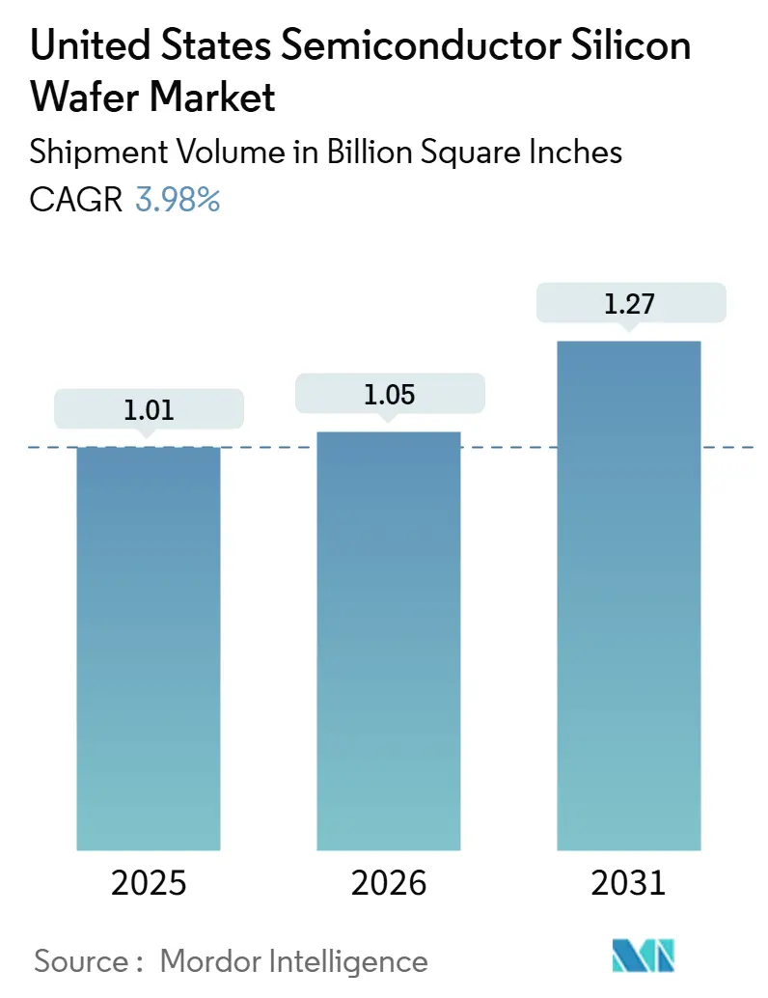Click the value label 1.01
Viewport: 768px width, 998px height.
(149, 410)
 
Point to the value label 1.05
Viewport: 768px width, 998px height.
(389, 394)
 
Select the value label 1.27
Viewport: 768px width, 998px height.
(628, 304)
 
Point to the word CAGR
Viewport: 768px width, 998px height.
(76, 200)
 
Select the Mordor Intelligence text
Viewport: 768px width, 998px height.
(293, 960)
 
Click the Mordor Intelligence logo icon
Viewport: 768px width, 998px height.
(644, 956)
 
